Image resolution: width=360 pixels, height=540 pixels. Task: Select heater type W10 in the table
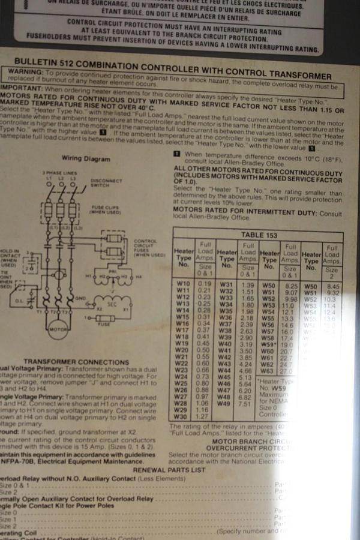184,283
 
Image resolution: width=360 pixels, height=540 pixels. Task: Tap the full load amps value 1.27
205,416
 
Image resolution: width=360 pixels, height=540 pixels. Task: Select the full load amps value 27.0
286,371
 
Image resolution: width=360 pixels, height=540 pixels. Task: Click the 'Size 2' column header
332,272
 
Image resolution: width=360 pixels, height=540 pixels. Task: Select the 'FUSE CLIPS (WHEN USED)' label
105,211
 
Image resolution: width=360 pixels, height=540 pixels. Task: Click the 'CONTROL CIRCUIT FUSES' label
146,245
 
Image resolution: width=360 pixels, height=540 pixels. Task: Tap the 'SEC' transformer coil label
111,304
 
